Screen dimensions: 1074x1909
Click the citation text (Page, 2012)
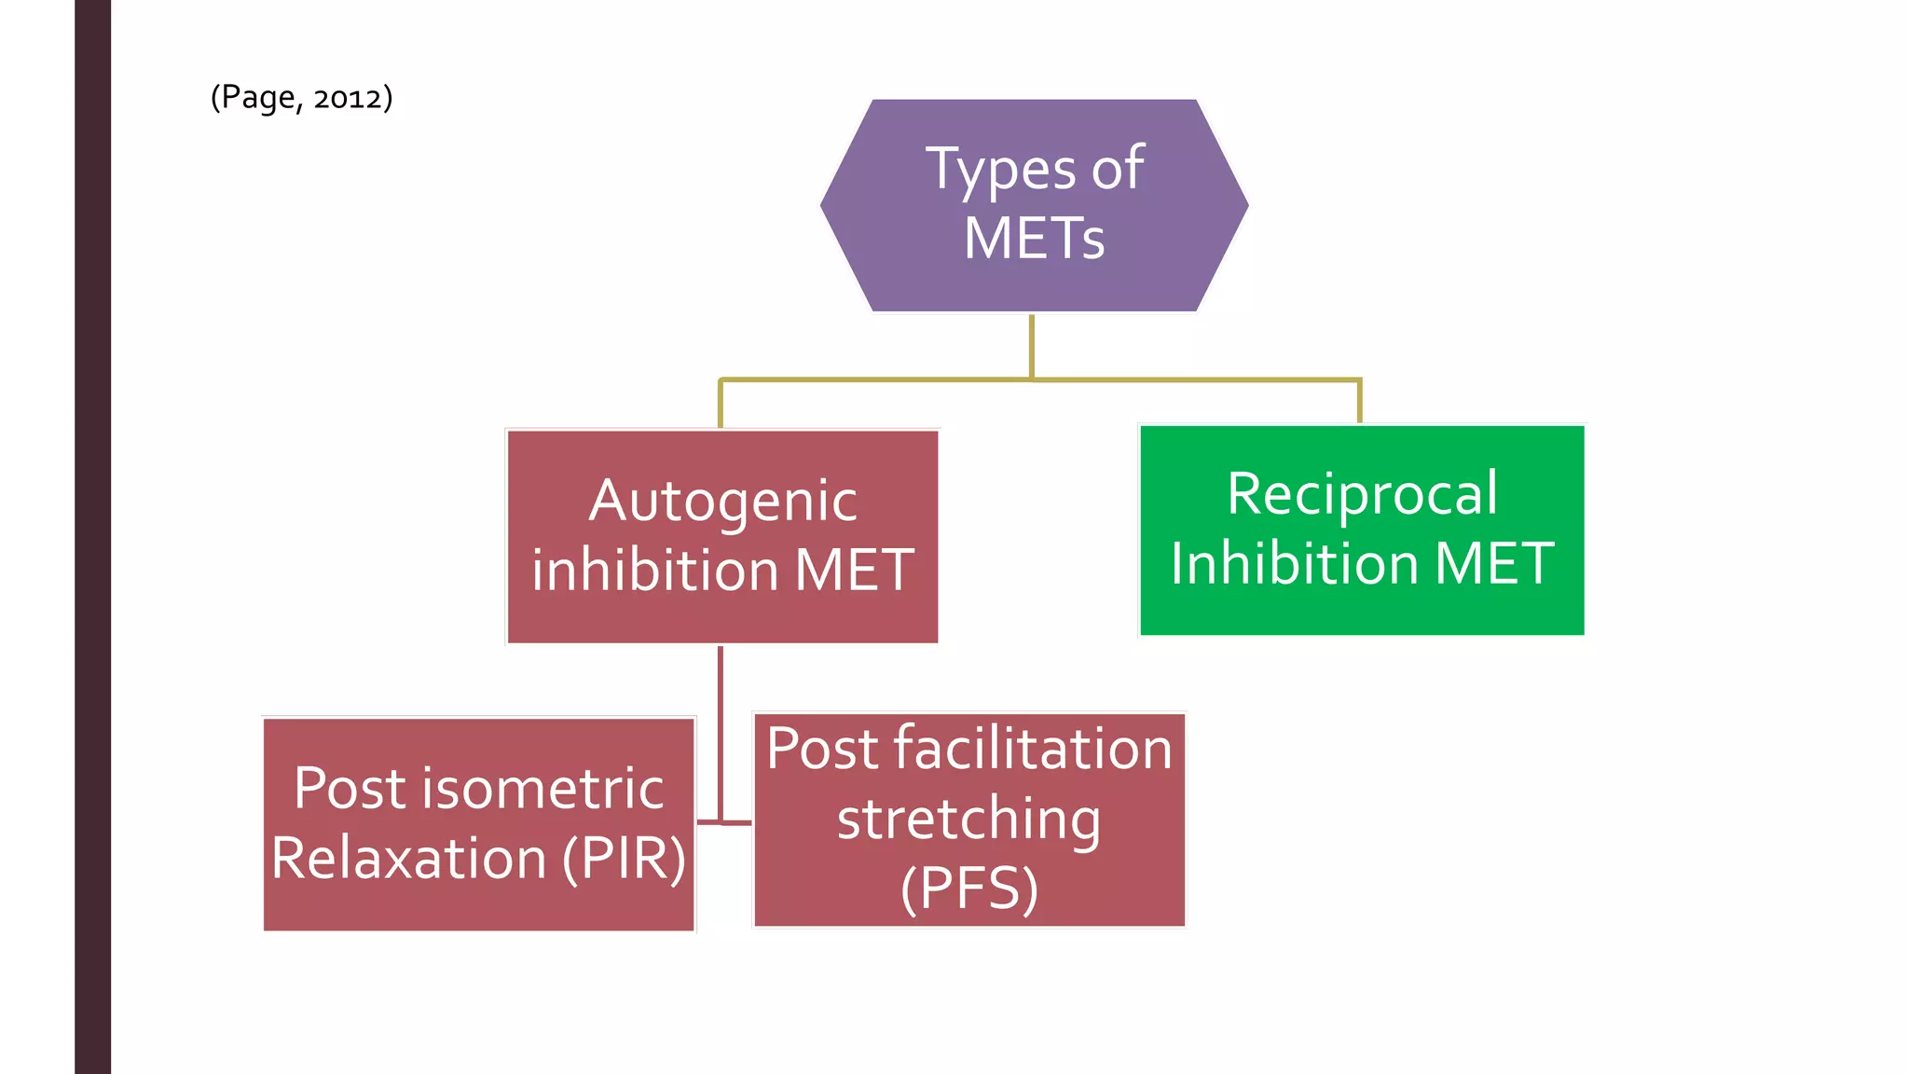(x=301, y=97)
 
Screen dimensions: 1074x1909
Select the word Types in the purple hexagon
(x=1000, y=171)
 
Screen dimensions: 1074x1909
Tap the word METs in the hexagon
(x=1034, y=239)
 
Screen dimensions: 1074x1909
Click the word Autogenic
(x=722, y=502)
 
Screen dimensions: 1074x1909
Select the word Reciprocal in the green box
(x=1362, y=494)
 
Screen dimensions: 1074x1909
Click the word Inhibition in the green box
(x=1293, y=563)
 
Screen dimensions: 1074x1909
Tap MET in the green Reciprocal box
(x=1493, y=563)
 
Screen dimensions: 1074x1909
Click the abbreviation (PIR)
(x=624, y=858)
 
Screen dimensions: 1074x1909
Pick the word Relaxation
(x=409, y=858)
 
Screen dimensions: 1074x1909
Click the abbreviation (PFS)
(x=968, y=888)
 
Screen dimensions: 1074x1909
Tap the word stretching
(x=968, y=819)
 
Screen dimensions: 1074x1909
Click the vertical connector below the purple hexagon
(x=1032, y=347)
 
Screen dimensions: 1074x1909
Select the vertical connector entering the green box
(x=1360, y=401)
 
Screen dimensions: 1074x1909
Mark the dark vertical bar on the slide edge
(x=92, y=537)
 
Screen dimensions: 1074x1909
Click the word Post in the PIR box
(x=350, y=789)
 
